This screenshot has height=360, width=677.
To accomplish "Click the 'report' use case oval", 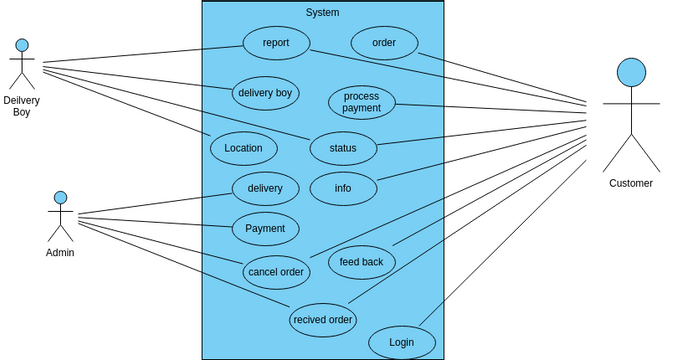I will (x=276, y=43).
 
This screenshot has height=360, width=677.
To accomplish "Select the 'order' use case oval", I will (x=384, y=43).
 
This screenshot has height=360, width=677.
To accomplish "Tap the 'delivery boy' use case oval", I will (x=265, y=93).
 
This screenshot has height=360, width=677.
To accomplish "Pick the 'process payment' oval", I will (x=362, y=102).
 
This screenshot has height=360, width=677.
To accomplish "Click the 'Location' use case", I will (x=243, y=148).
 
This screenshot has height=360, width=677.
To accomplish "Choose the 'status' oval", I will (x=343, y=148).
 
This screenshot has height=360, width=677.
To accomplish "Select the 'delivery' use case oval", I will (x=265, y=188).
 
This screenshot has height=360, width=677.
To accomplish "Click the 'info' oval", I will (x=343, y=188).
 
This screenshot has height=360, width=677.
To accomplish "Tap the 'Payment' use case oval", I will (x=265, y=228).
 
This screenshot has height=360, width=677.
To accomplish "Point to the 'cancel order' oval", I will (x=276, y=272).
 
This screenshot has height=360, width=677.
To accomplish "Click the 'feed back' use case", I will (x=362, y=262).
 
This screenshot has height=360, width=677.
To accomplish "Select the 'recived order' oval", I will (x=322, y=320).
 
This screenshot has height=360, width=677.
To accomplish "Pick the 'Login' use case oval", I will (x=402, y=342).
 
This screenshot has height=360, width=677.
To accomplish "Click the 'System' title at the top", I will (x=322, y=12).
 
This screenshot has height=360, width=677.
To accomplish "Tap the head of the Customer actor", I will (x=631, y=72).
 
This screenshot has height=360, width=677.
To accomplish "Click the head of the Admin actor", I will (x=60, y=198).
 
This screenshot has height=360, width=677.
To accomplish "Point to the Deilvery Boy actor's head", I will (x=22, y=45).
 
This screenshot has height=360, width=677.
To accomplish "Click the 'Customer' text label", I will (x=631, y=183).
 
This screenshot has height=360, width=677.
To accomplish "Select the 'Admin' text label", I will (x=60, y=252).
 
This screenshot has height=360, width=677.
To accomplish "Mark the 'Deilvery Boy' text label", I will (x=22, y=106).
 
